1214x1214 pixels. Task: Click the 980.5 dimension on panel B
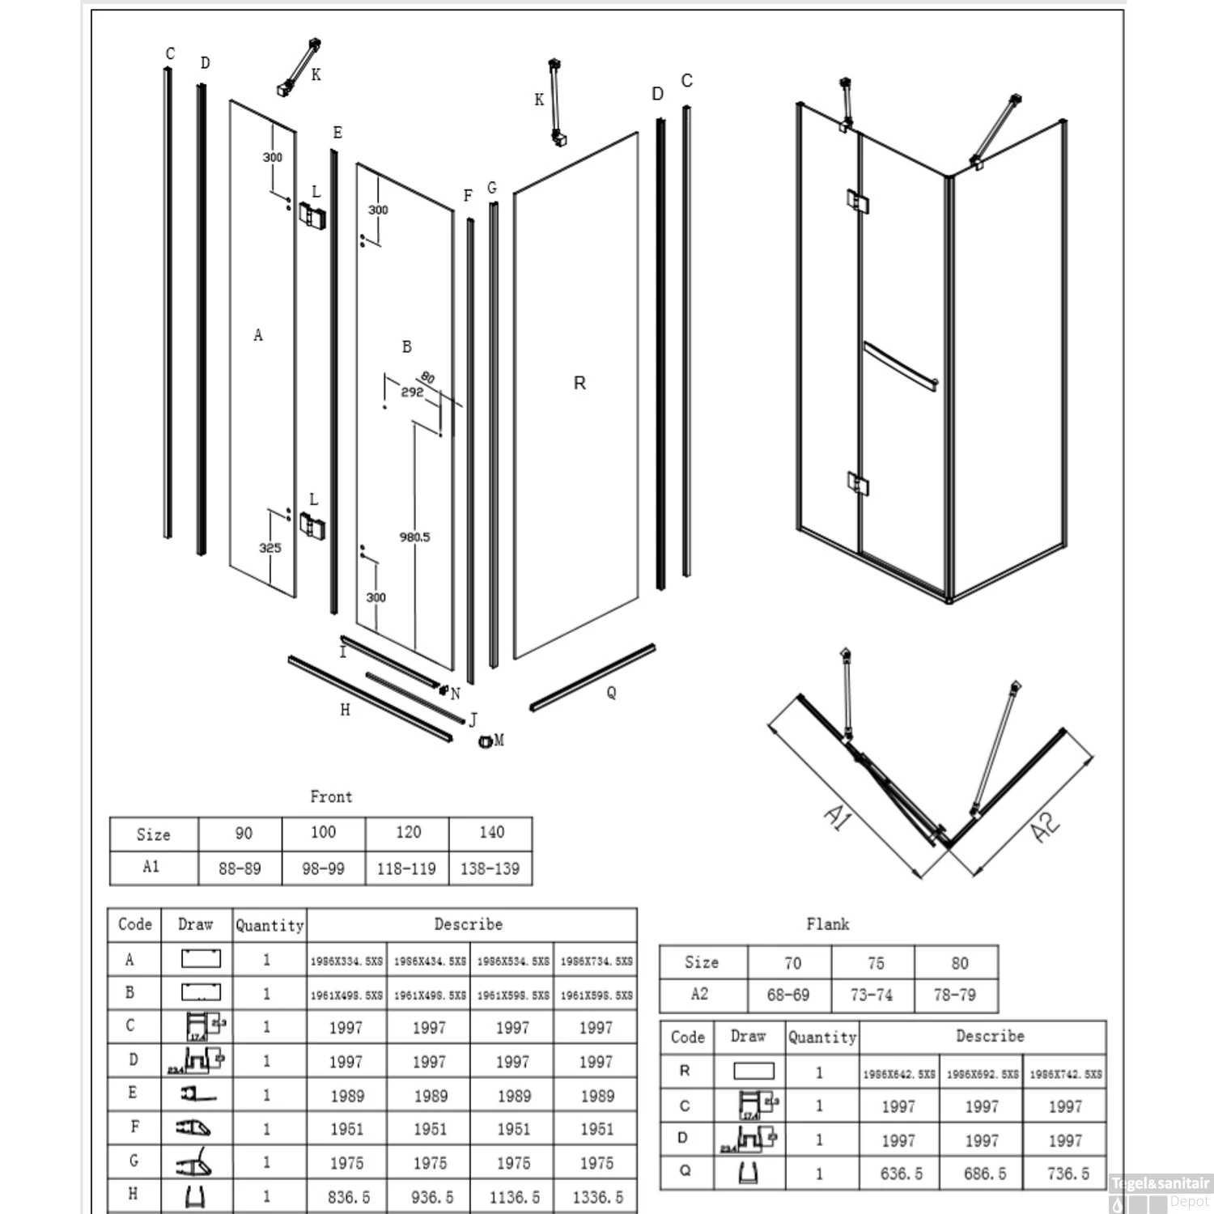(x=414, y=537)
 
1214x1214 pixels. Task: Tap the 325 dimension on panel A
(x=270, y=548)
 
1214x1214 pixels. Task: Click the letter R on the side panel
(x=579, y=383)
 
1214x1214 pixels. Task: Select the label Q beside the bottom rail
(x=611, y=693)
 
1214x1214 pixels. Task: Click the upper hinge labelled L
(x=312, y=215)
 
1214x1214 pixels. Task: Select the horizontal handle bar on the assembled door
(x=900, y=367)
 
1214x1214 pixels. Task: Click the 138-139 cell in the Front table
(x=490, y=868)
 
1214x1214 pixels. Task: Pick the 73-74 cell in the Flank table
(x=872, y=995)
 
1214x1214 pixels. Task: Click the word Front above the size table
(x=331, y=796)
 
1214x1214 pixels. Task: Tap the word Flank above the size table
(x=827, y=923)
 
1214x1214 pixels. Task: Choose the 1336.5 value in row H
(x=596, y=1196)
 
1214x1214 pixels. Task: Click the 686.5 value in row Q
(x=982, y=1173)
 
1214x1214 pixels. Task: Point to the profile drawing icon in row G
(x=194, y=1163)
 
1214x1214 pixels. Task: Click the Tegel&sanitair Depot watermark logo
(x=1161, y=1192)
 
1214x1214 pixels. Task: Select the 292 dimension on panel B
(x=412, y=392)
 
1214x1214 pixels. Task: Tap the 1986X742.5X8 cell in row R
(x=1065, y=1074)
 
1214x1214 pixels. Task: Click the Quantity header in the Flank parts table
(x=822, y=1037)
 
